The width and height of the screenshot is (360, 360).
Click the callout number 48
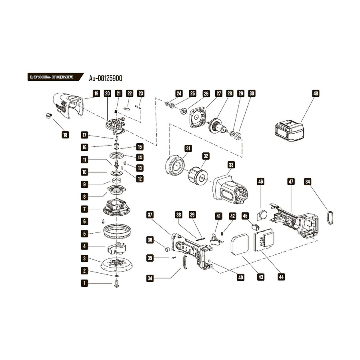316,94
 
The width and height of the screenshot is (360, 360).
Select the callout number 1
84,283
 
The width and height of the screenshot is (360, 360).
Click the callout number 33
231,165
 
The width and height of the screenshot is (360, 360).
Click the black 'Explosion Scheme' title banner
52,77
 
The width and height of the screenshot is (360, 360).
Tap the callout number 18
65,135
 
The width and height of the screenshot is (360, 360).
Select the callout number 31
188,148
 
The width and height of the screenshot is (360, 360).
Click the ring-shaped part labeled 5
117,232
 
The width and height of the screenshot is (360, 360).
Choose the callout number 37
150,214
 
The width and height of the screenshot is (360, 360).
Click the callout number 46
261,182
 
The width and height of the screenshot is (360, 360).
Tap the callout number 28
230,94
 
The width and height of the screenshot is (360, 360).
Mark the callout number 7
84,209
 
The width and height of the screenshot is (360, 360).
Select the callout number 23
140,94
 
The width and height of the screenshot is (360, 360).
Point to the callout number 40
240,276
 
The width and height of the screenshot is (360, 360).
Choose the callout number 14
140,157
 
